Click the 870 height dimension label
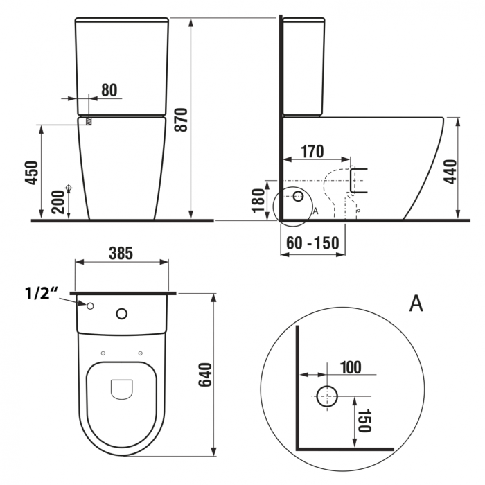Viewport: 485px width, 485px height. tap(182, 120)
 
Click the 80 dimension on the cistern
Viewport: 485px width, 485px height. tap(109, 90)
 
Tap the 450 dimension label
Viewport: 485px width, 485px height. tap(32, 173)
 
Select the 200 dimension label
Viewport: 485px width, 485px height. tap(58, 202)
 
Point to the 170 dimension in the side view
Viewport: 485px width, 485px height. tap(312, 151)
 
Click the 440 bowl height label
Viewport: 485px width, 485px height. tap(450, 172)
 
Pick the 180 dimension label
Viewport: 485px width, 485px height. tap(258, 201)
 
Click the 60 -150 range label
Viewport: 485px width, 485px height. tap(312, 242)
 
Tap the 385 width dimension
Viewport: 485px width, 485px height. tap(121, 253)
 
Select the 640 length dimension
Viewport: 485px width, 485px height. tap(205, 375)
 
